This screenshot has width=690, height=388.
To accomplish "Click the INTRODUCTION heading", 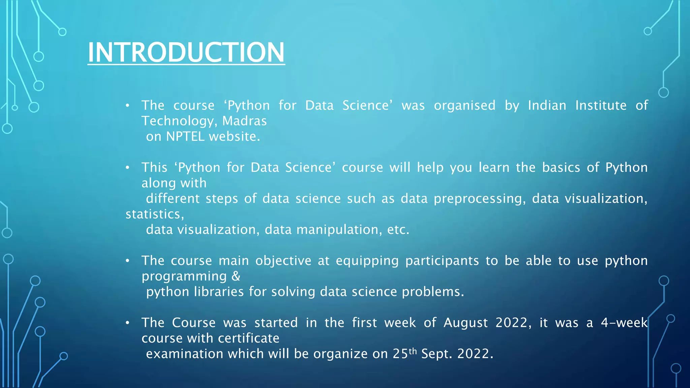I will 186,52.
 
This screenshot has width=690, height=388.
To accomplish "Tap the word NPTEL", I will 185,136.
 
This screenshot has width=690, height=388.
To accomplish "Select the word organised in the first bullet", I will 464,106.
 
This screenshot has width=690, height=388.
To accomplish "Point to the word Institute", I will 601,105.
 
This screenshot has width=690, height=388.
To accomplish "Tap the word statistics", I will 154,214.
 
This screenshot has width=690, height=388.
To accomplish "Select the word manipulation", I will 339,230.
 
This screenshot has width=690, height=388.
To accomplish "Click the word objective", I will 283,261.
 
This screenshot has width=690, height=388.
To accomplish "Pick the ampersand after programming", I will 236,276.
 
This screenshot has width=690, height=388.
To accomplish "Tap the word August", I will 466,323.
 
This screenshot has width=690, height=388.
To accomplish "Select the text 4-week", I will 624,323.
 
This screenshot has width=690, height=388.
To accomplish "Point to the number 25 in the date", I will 400,354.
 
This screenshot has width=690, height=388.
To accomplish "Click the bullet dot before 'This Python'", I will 127,168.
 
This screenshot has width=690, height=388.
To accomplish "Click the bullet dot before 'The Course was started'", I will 127,323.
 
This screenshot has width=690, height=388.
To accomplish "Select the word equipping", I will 367,261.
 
